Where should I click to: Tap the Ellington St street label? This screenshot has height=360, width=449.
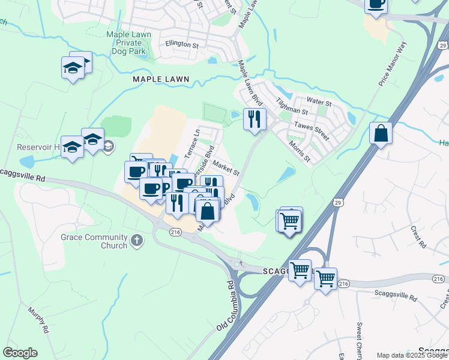(182, 45)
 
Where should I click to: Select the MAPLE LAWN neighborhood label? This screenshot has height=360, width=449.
(161, 79)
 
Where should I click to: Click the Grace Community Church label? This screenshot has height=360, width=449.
(94, 241)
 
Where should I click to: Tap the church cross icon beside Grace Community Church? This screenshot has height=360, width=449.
(137, 241)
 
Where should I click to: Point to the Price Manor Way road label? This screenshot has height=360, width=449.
(393, 64)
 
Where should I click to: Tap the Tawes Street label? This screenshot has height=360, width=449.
(312, 130)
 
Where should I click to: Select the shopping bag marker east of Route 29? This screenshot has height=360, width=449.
(381, 133)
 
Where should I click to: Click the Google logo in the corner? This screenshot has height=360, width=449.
(20, 353)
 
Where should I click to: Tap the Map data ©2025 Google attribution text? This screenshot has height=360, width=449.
(412, 355)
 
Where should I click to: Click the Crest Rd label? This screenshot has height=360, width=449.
(417, 233)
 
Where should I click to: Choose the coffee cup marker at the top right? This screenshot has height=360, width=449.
(376, 3)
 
